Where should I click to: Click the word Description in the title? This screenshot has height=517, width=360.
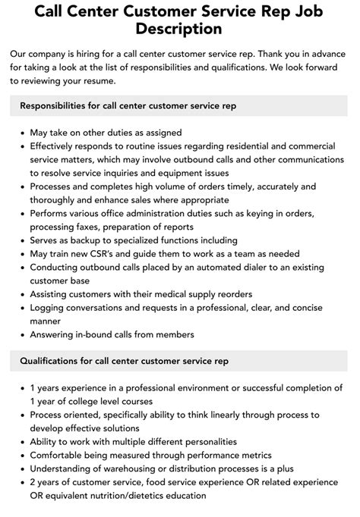point(180,29)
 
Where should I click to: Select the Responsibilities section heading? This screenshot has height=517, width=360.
point(128,105)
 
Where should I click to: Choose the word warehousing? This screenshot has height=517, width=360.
point(122,469)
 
